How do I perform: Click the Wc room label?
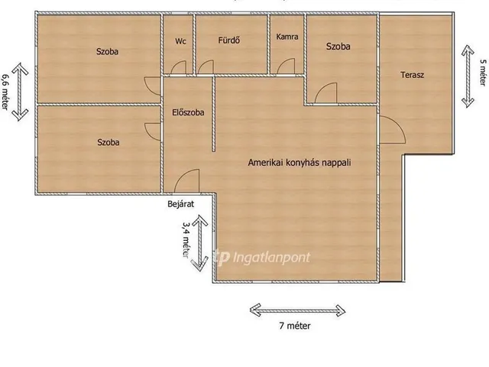pos(180,41)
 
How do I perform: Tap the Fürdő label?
pos(229,41)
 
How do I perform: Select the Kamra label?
pos(287,37)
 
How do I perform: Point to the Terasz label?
pos(413,75)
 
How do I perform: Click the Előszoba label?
pos(189,112)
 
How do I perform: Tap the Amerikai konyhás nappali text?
pos(300,163)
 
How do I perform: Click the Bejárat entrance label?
pos(181,204)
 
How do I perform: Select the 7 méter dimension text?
pos(295,326)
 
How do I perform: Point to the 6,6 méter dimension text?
pos(5,92)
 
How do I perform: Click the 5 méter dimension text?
pos(482,73)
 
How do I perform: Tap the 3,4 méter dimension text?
pos(186,239)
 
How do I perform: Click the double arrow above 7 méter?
pos(297,310)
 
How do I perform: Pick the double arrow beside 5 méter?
pos(468,76)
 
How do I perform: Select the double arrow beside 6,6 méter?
pos(21,92)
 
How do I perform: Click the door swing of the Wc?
pos(180,67)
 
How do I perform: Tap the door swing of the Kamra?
pos(285,65)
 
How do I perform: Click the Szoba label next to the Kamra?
pos(338,47)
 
